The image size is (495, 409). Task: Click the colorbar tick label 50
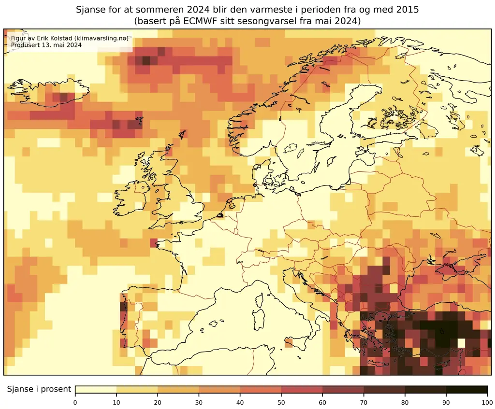(281, 401)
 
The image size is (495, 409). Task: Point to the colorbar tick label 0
(75, 401)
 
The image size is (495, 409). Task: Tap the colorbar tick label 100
(487, 401)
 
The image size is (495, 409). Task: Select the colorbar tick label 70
(364, 401)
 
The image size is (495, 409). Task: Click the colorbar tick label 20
(158, 401)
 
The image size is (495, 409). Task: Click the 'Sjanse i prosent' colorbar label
(39, 389)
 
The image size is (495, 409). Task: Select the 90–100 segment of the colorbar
(466, 390)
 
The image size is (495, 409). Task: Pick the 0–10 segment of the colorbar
(96, 390)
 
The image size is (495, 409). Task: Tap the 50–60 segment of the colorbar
(302, 390)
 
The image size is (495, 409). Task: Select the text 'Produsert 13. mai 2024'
(45, 45)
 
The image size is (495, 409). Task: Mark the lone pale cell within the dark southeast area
(461, 343)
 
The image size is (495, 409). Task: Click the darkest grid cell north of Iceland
(146, 61)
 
